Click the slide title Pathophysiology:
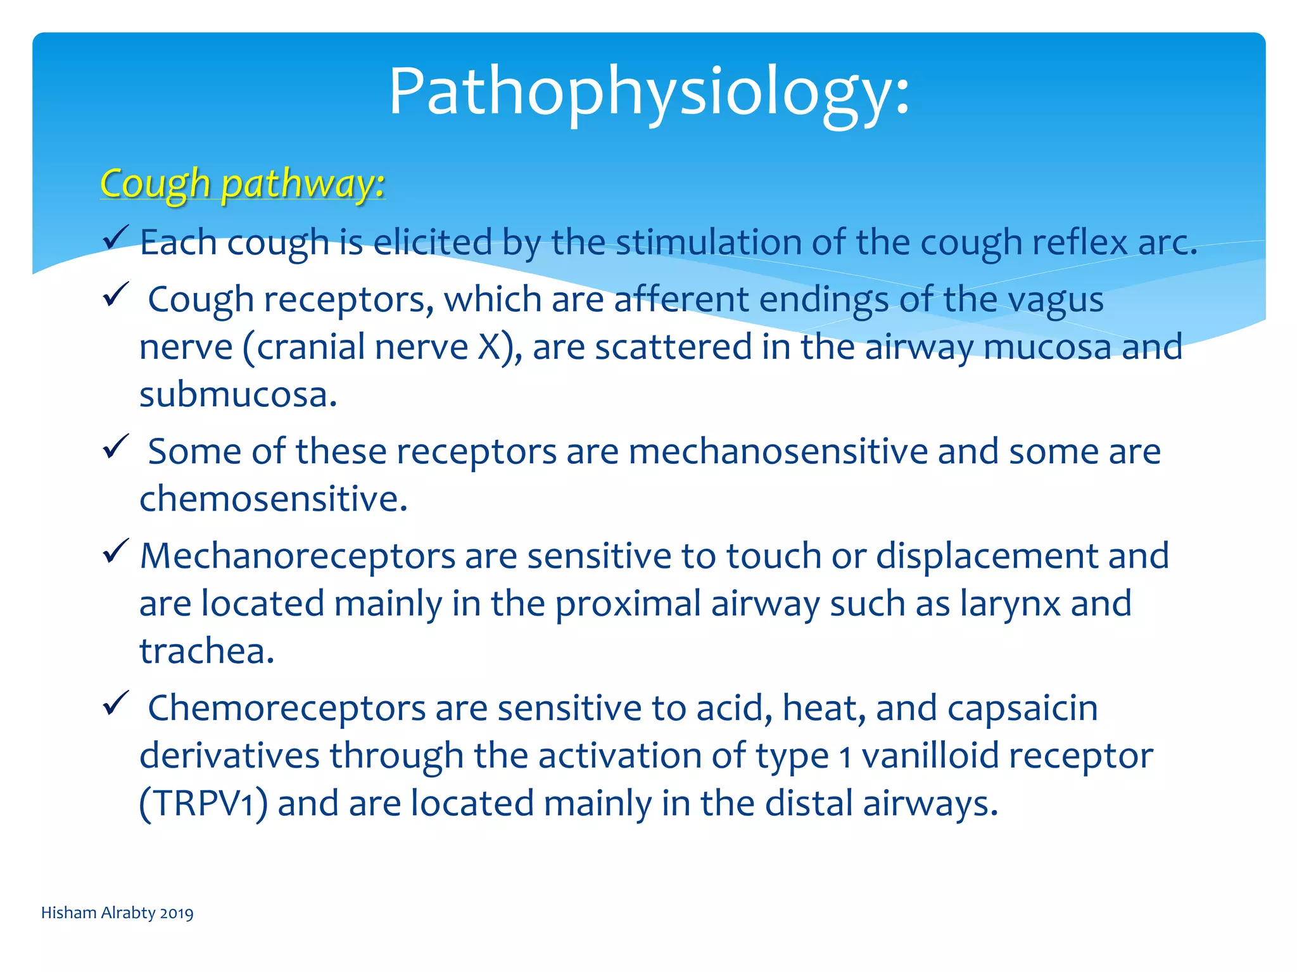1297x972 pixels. (x=648, y=92)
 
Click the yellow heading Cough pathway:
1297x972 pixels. (x=242, y=184)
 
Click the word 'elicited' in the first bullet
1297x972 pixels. (x=433, y=242)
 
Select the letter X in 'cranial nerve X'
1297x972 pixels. (x=489, y=347)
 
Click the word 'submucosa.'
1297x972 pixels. (x=238, y=395)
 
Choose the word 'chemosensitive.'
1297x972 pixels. (x=273, y=499)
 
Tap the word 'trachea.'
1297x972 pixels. (x=207, y=651)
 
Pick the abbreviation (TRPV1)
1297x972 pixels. (x=203, y=804)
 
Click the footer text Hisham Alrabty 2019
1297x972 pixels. (x=117, y=913)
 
